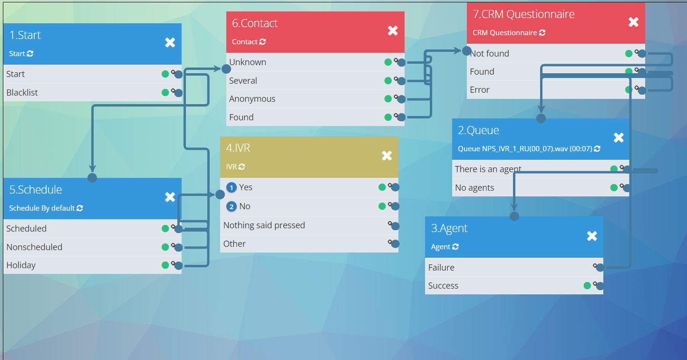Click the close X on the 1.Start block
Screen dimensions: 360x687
[170, 43]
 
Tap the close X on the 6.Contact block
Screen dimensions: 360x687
[393, 31]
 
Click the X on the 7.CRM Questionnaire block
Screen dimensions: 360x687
[633, 22]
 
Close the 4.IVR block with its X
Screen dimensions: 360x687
[387, 156]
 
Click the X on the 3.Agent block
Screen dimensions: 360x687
[592, 236]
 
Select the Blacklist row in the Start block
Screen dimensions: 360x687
[22, 93]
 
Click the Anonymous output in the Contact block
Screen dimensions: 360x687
[252, 99]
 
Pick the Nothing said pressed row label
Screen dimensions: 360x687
[264, 225]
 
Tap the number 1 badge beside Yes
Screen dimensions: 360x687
[232, 188]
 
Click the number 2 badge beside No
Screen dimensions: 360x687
[232, 207]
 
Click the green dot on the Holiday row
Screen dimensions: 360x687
[165, 265]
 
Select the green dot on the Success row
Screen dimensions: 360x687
[587, 286]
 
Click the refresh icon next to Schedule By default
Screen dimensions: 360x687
[80, 208]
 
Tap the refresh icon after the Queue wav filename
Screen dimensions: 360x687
[597, 149]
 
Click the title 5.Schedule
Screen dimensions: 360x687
[36, 190]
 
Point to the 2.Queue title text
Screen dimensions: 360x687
[478, 130]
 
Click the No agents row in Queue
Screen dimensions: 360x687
[474, 188]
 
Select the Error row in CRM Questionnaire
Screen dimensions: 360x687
[479, 90]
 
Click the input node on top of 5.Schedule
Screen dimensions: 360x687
[92, 178]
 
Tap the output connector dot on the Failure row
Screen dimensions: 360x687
[600, 268]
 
